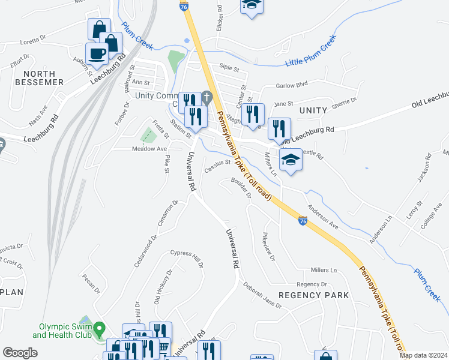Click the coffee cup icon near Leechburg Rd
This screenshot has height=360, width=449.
coord(97,53)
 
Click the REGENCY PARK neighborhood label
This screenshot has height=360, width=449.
coord(314,295)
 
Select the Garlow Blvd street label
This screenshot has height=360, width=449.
coord(291,86)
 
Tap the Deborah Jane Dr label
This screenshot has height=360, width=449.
coord(262,296)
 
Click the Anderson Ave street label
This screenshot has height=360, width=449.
coord(323,215)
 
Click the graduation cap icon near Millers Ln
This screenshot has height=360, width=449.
coord(291,160)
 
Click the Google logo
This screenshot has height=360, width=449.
coord(20,353)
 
